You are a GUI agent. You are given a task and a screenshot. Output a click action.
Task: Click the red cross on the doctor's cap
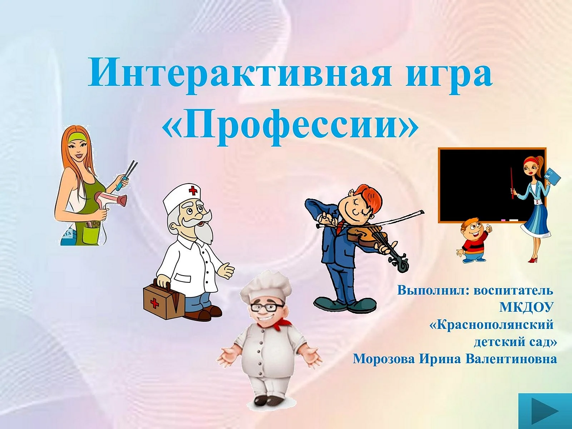[x=193, y=191]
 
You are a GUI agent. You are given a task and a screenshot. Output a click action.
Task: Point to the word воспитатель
[x=513, y=291]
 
